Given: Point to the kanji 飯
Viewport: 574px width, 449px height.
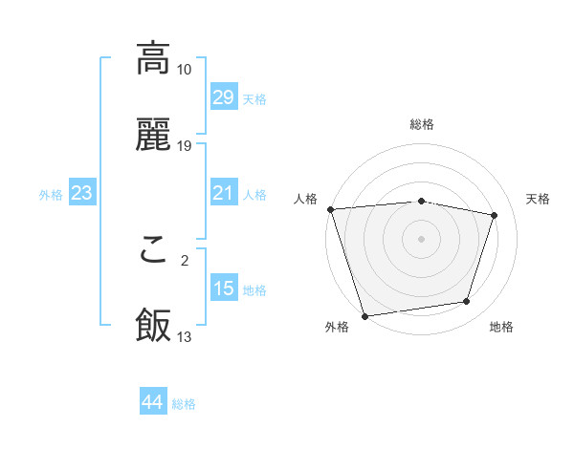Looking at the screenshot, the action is [153, 325].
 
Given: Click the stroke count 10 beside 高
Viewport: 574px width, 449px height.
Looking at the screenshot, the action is [185, 70].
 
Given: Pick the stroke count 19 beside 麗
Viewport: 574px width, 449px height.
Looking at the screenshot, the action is [185, 146].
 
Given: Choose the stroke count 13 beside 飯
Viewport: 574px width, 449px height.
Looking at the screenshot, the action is [185, 337].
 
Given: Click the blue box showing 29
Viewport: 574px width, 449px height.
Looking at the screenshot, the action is [223, 97].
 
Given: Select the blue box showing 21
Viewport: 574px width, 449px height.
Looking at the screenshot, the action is [223, 193].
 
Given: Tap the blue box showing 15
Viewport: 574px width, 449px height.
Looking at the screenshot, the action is [223, 289].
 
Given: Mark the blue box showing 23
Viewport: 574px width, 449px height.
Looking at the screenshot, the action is [81, 194].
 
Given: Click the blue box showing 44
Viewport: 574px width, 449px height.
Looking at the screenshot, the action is [152, 402].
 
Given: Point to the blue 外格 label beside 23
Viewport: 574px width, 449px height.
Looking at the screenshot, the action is [51, 195].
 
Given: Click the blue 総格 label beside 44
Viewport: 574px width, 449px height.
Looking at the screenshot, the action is [184, 404].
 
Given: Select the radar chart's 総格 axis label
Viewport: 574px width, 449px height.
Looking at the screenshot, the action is [422, 124].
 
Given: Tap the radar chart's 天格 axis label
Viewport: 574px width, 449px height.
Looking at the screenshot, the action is [539, 199].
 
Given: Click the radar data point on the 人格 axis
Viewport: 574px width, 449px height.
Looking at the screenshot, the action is [330, 209].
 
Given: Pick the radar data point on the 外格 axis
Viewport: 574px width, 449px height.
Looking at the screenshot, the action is [364, 315].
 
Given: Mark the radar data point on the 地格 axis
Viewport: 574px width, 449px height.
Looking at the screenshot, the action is [467, 302].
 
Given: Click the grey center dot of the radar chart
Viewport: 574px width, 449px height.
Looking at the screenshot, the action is [422, 238].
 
